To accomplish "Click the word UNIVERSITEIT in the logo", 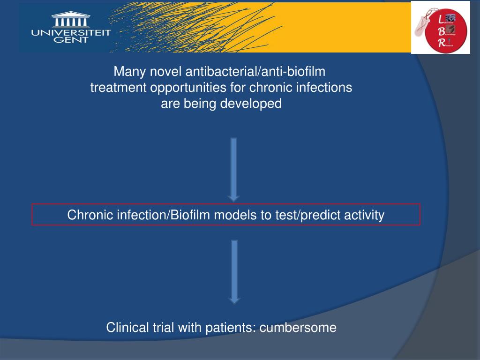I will point(71,32).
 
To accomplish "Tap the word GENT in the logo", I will point(71,40).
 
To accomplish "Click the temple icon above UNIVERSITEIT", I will point(71,20).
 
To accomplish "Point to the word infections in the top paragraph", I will point(327,88).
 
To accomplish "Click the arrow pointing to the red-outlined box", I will point(234,169).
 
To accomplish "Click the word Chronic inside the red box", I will point(90,215).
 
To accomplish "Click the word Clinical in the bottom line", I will point(125,327).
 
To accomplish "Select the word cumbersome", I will point(298,327).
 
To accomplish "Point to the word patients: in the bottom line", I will point(231,327).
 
